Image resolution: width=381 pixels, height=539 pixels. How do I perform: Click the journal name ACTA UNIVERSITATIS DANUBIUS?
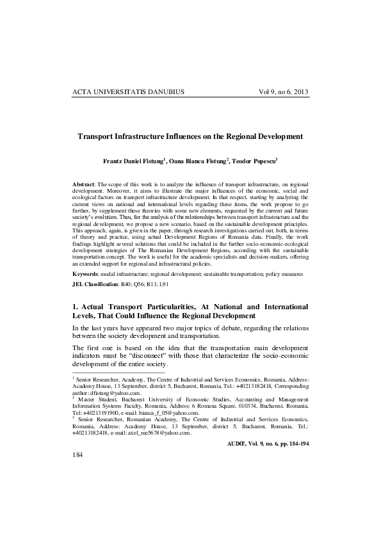click(x=129, y=92)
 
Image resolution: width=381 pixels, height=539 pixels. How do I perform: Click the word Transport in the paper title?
click(x=100, y=136)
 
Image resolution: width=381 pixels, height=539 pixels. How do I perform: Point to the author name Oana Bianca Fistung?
click(x=202, y=162)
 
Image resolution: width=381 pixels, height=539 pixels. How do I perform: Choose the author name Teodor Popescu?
click(x=262, y=162)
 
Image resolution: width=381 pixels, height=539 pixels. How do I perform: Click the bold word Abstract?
click(x=85, y=184)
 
